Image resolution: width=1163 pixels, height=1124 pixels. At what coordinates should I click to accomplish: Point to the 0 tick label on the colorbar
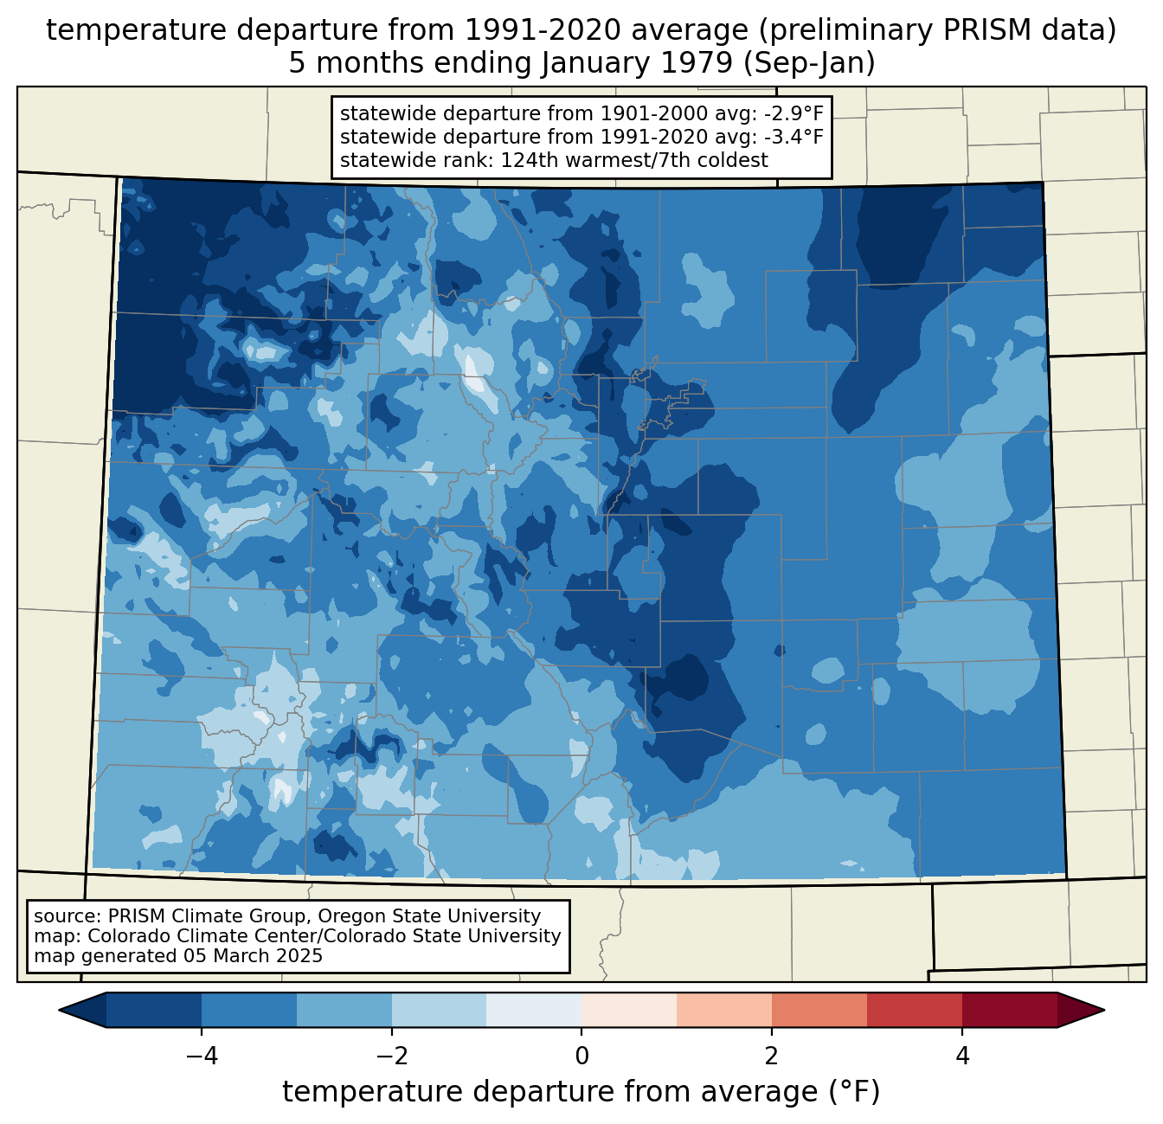point(581,1056)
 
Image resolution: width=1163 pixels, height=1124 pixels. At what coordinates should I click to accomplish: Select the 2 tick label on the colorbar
point(772,1056)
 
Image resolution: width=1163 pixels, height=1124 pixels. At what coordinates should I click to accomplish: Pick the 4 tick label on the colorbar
point(962,1056)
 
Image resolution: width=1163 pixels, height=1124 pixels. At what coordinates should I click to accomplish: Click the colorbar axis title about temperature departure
point(581,1092)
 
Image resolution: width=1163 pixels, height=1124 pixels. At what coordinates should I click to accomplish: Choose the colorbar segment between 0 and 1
point(629,1010)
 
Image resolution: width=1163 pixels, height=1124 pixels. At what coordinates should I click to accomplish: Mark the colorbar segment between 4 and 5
point(1010,1010)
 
